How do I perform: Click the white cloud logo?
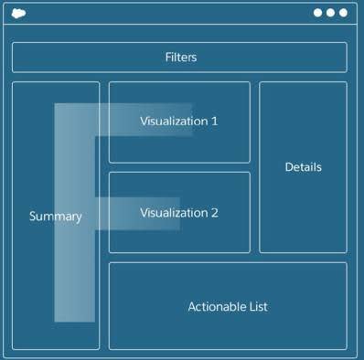[x=18, y=13]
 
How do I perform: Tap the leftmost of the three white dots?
[x=318, y=13]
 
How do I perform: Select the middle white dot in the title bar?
[x=331, y=13]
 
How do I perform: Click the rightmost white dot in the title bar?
[x=344, y=13]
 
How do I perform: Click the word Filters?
[x=180, y=58]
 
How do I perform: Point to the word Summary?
[x=55, y=217]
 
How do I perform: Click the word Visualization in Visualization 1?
[x=173, y=122]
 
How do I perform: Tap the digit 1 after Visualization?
[x=214, y=122]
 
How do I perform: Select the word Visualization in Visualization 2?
[x=173, y=213]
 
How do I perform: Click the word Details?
[x=303, y=167]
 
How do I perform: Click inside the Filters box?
[x=91, y=58]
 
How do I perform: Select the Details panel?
[x=303, y=210]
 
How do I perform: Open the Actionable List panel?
[x=228, y=329]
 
